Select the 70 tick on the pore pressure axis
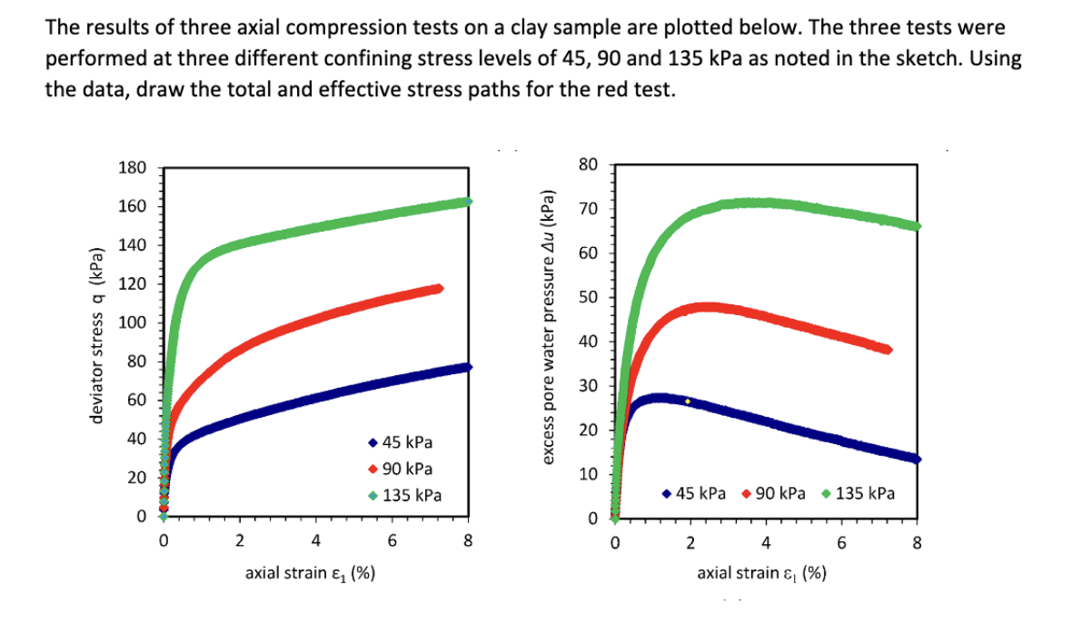tap(592, 210)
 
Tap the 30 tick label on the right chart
tap(592, 386)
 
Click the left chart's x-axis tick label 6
tap(392, 542)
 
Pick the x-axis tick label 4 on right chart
tap(766, 544)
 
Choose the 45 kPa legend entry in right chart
tap(694, 493)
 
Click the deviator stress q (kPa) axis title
tap(92, 342)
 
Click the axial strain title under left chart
tap(313, 573)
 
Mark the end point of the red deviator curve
tap(440, 289)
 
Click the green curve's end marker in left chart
tap(468, 201)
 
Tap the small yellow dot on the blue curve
tap(688, 401)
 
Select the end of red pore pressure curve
tap(888, 349)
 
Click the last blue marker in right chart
tap(917, 459)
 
